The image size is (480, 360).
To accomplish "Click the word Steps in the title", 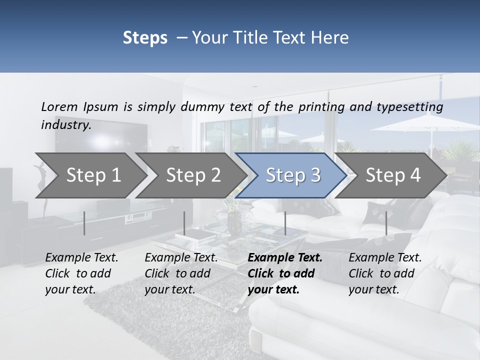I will (x=145, y=38).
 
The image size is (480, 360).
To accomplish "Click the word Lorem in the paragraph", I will (x=59, y=106).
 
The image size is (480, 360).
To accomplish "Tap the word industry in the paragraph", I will (x=66, y=124).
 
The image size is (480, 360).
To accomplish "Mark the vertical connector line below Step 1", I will (x=84, y=223).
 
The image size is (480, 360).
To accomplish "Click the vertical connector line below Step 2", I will (x=184, y=223).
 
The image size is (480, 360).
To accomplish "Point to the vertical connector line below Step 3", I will (x=285, y=223).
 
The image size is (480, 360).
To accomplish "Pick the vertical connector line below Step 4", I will (x=386, y=223).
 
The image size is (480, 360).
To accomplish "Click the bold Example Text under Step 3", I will (x=285, y=258).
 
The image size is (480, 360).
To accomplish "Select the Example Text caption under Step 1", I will (x=81, y=258).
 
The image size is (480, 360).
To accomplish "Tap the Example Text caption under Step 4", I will (x=385, y=258).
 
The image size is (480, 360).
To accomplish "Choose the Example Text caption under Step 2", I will (x=181, y=258).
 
